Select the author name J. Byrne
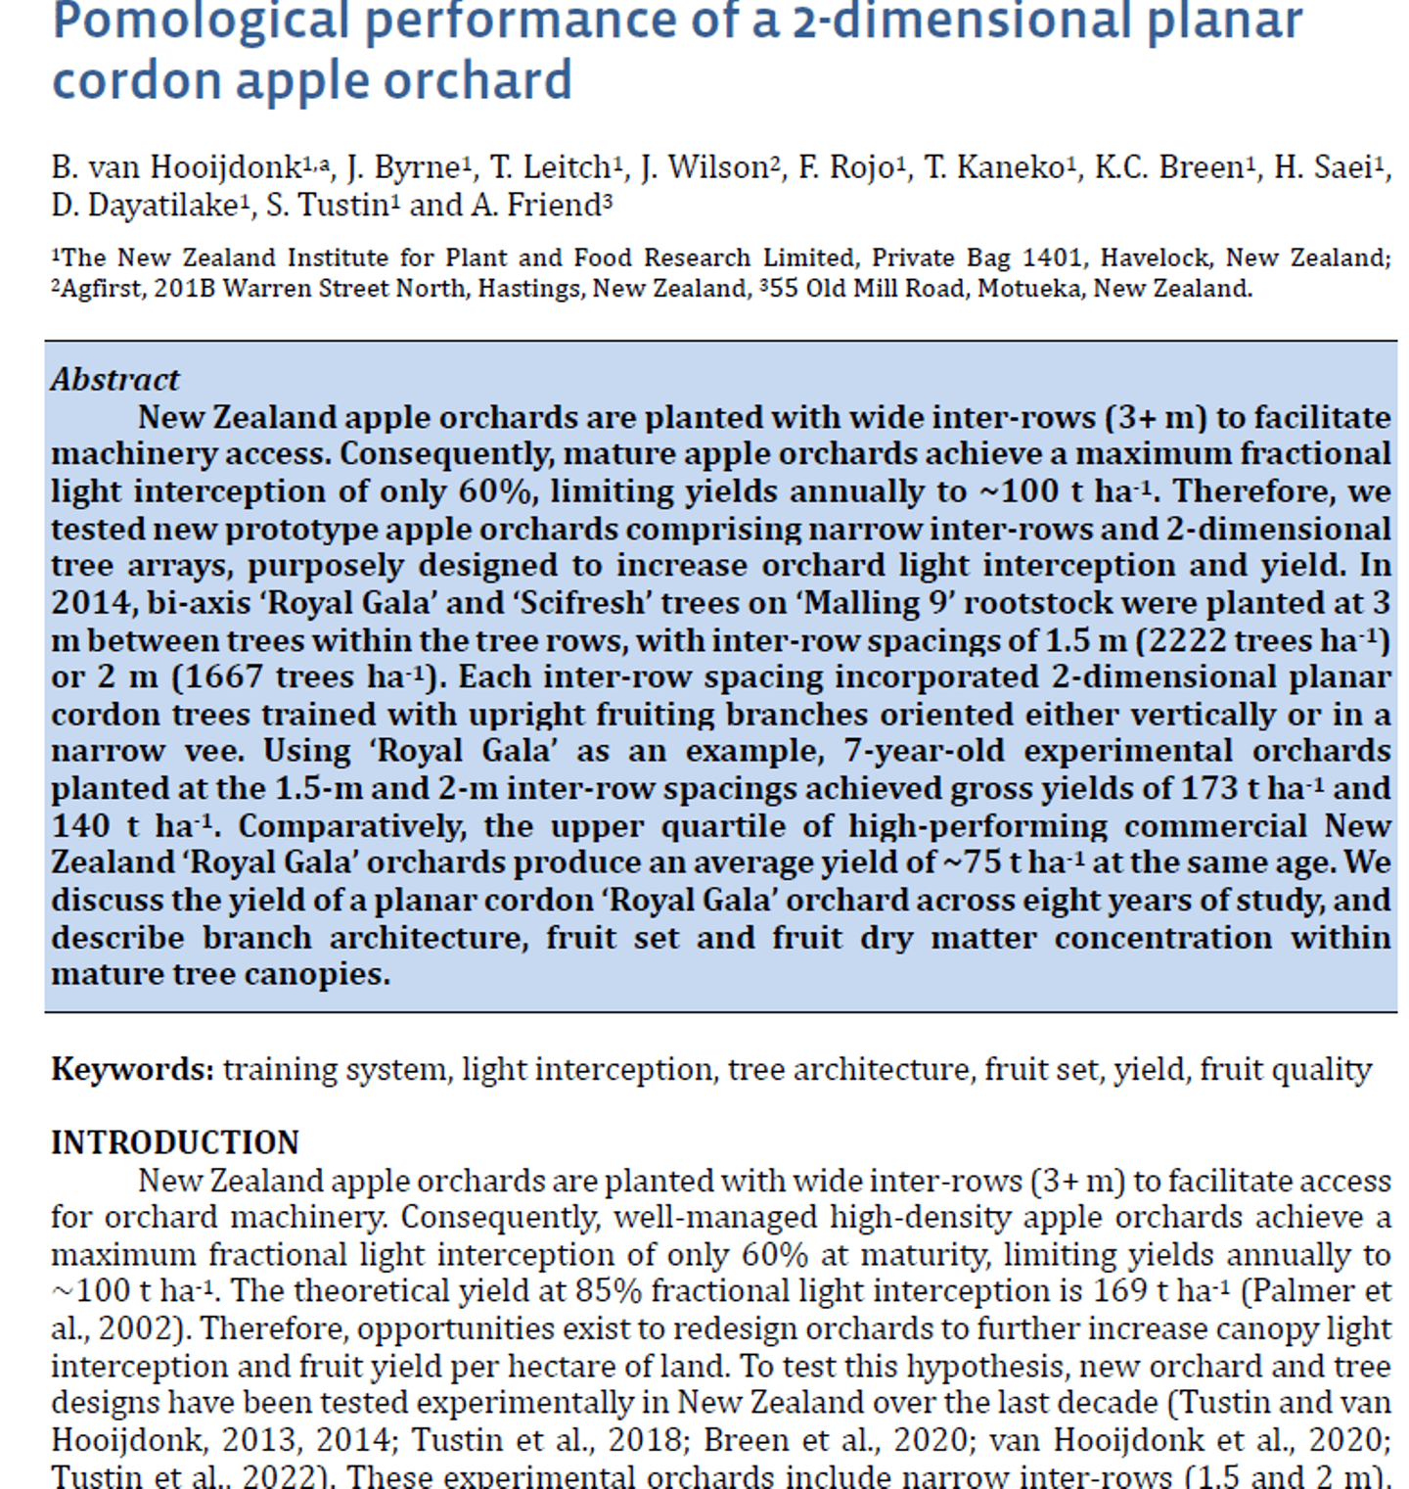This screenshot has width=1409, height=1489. tap(402, 168)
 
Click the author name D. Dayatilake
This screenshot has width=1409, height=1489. tap(144, 207)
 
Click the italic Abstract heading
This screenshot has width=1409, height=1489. tap(114, 380)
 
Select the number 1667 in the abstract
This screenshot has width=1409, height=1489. tap(222, 677)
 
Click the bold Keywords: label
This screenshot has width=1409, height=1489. tap(132, 1069)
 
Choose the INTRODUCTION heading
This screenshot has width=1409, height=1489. tap(175, 1143)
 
